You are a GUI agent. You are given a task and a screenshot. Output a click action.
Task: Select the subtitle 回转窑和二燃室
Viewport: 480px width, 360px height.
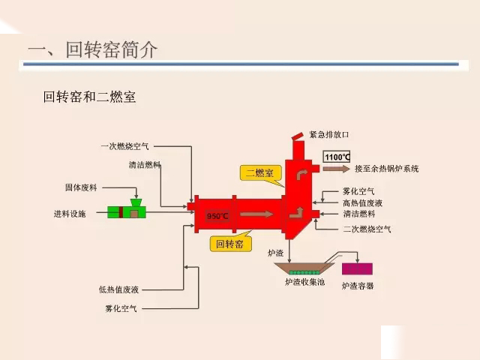click(x=89, y=97)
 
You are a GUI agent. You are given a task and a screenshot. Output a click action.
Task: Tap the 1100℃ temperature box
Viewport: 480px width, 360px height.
click(x=336, y=157)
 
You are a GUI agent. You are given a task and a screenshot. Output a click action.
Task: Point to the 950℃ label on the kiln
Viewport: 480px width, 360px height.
click(x=217, y=217)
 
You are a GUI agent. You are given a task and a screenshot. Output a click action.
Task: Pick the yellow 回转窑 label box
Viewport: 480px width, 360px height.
click(x=229, y=244)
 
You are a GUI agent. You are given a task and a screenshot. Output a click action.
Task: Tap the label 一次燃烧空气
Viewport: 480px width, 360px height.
click(x=124, y=145)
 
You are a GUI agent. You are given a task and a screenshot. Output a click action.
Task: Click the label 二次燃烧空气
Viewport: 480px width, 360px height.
click(x=366, y=229)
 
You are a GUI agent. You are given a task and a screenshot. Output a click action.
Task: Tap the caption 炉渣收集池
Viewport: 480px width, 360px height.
click(x=303, y=283)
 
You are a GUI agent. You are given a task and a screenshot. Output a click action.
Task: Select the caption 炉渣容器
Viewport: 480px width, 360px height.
click(x=357, y=286)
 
